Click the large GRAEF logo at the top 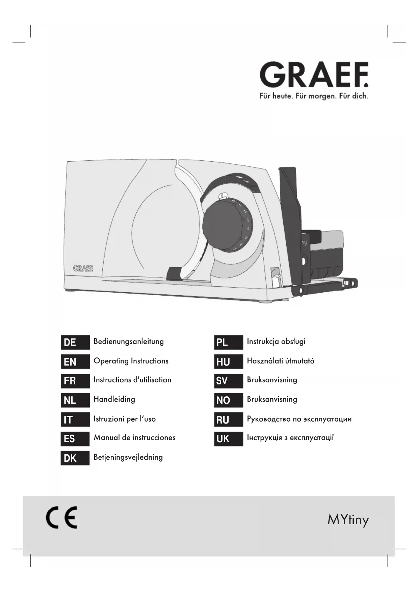[314, 75]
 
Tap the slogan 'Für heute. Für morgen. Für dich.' [314, 96]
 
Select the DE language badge [75, 342]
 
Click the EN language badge [75, 362]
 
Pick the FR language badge [75, 381]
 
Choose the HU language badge [228, 362]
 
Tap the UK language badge [228, 439]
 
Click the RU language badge [228, 420]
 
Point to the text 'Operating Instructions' [131, 361]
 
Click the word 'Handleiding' [114, 399]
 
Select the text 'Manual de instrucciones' [134, 438]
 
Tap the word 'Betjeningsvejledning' [128, 457]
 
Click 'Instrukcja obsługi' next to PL [276, 341]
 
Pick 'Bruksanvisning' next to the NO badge [272, 399]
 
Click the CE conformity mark [61, 517]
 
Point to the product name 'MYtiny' [348, 520]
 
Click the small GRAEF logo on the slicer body [83, 268]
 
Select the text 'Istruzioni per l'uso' [125, 419]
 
